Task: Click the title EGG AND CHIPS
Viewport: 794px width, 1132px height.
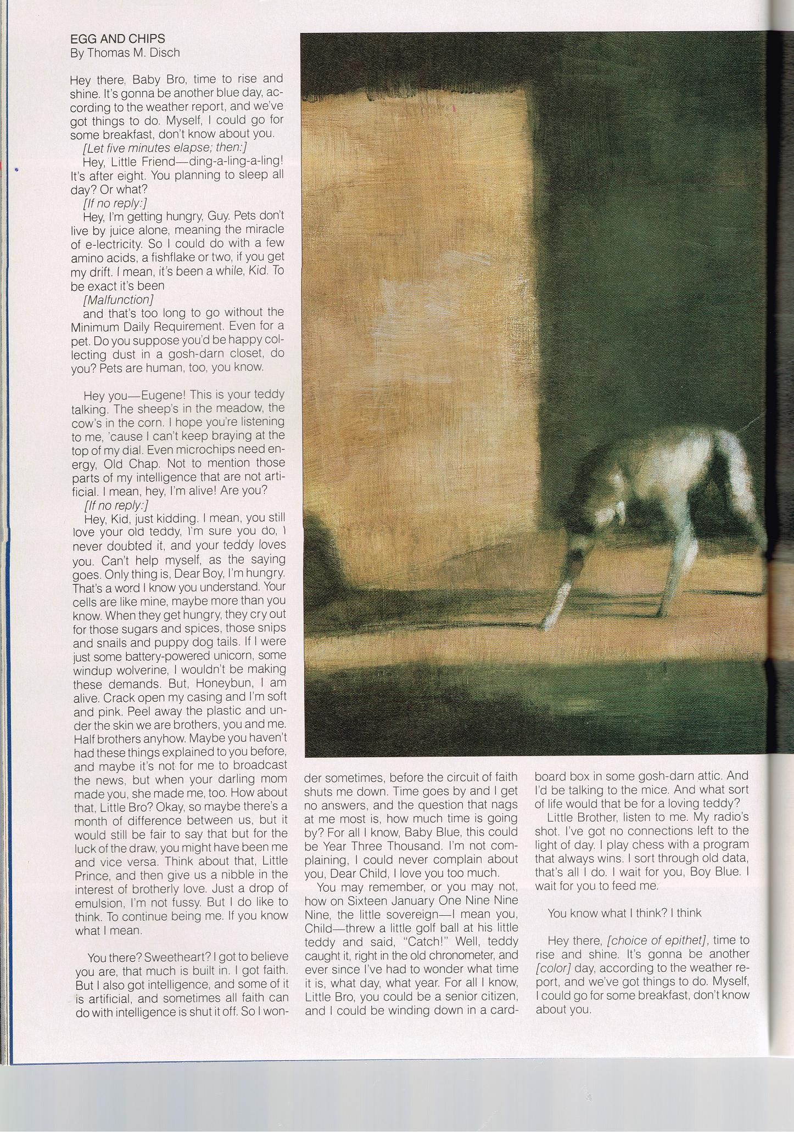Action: point(118,39)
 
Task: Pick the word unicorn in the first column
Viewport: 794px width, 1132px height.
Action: point(225,656)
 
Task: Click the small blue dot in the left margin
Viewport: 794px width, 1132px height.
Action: point(16,171)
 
